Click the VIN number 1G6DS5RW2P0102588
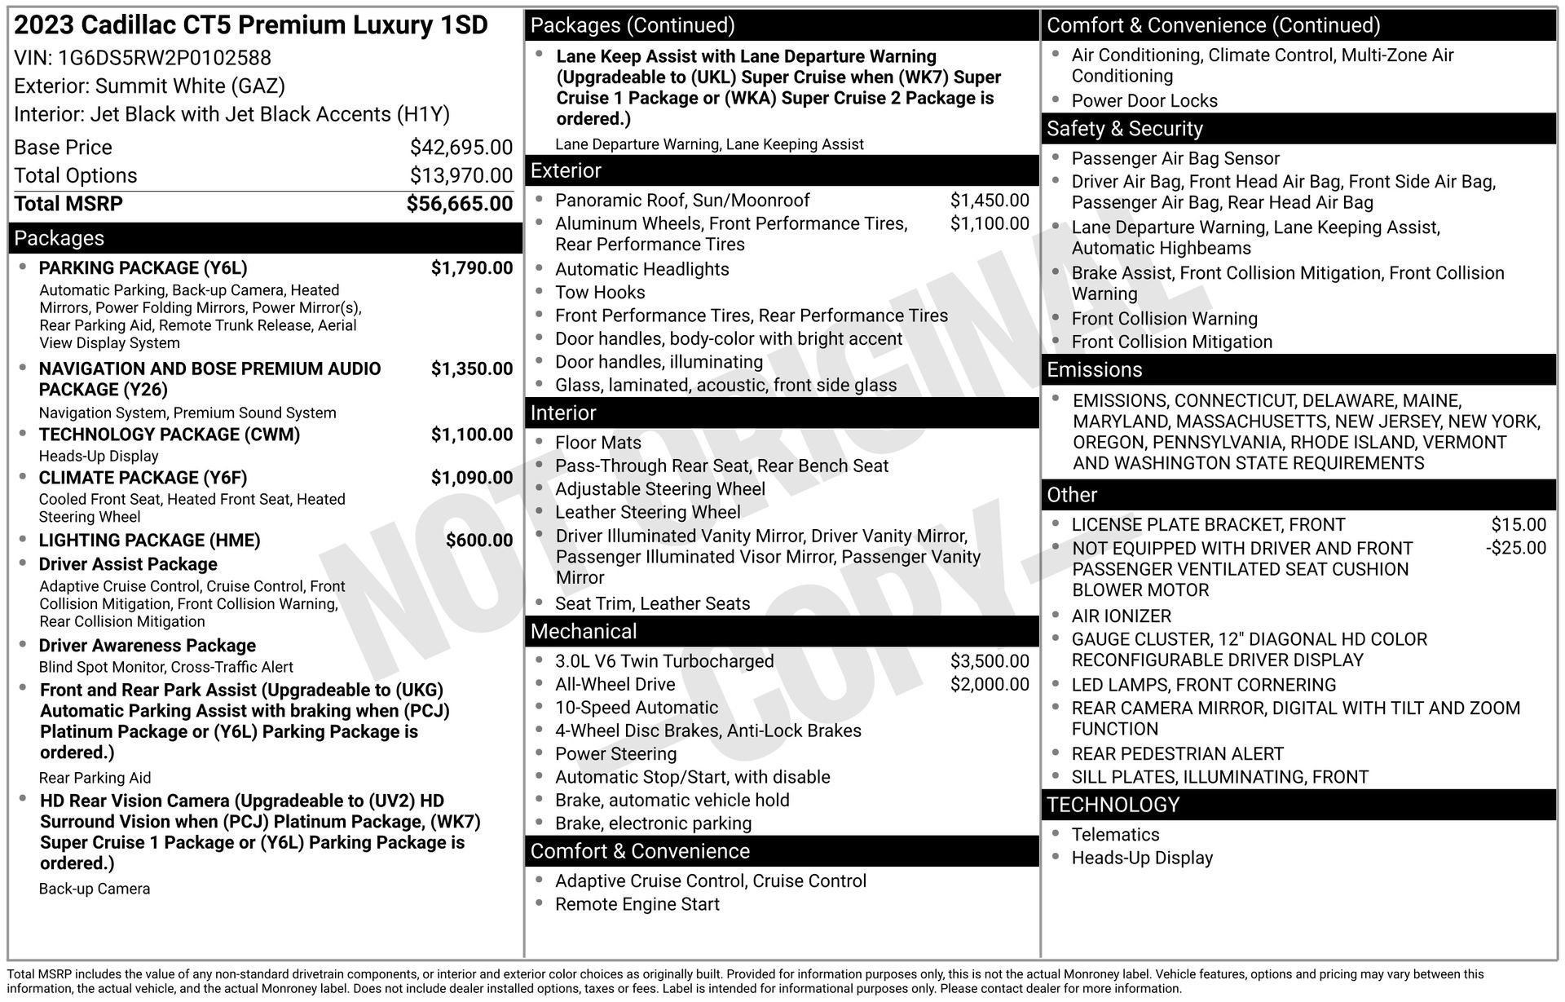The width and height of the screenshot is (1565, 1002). point(164,58)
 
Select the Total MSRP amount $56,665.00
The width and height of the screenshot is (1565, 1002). point(459,204)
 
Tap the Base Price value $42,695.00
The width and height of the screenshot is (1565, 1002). point(461,148)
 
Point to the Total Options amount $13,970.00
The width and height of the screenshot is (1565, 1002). point(461,175)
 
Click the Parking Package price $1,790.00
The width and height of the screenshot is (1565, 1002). point(471,268)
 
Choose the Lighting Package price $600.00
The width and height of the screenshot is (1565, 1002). point(478,541)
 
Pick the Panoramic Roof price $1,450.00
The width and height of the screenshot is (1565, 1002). point(989,201)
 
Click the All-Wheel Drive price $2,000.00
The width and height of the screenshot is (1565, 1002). point(989,685)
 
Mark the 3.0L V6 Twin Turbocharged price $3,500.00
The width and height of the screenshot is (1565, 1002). point(989,661)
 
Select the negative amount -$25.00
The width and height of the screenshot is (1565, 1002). point(1515,548)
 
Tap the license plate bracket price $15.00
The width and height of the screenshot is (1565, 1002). point(1518,525)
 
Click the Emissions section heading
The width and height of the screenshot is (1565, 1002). point(1094,370)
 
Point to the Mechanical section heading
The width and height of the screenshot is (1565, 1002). point(584,632)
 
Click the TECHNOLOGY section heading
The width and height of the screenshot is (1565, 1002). point(1113,805)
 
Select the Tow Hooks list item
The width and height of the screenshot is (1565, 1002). point(599,293)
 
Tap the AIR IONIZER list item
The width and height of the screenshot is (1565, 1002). point(1121,616)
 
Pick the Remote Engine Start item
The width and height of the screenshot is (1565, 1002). point(637,904)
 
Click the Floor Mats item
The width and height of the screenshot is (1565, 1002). point(597,443)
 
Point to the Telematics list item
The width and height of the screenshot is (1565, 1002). point(1114,835)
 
